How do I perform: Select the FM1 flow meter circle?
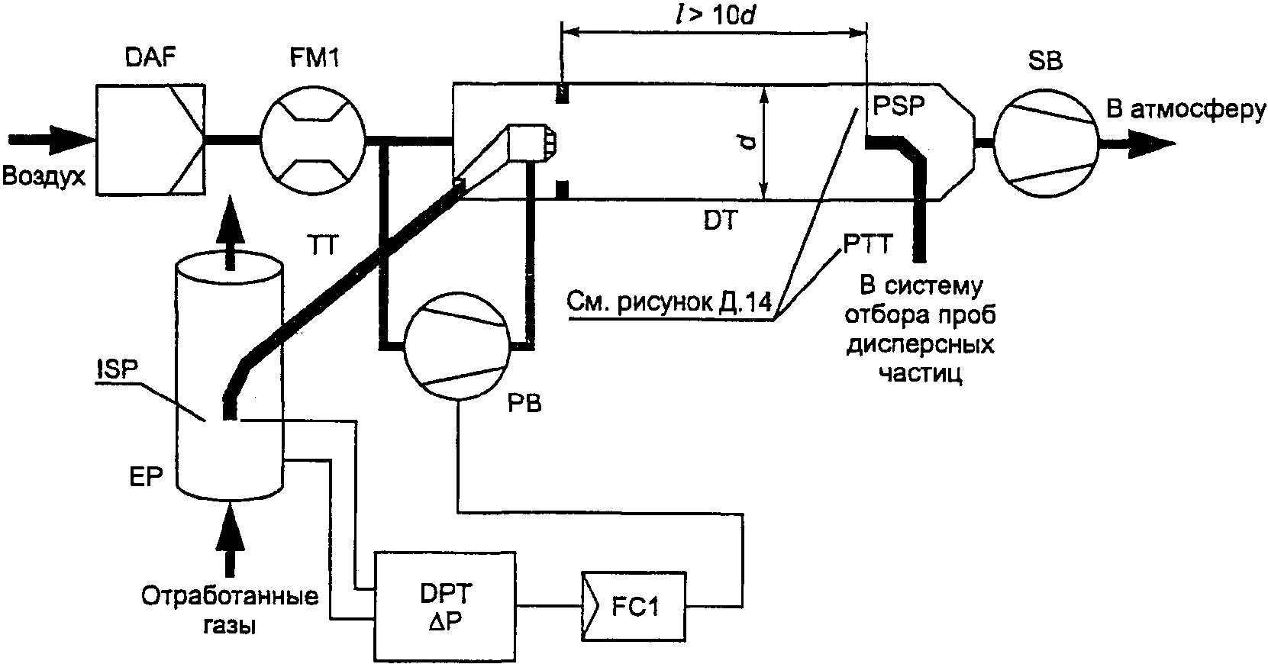(312, 140)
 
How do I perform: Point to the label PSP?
(899, 105)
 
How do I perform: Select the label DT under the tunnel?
(721, 221)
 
